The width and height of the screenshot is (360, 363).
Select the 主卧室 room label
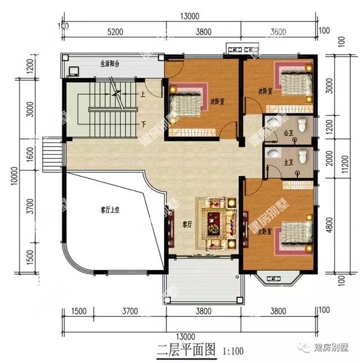(265, 231)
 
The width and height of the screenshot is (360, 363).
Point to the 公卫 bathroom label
(289, 133)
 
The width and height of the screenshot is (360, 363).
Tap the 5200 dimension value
(115, 33)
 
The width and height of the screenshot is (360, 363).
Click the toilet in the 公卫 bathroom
(303, 125)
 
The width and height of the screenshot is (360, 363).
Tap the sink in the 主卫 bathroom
(273, 153)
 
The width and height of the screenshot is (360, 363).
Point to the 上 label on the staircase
(144, 94)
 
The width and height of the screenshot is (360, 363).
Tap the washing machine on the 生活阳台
(73, 71)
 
